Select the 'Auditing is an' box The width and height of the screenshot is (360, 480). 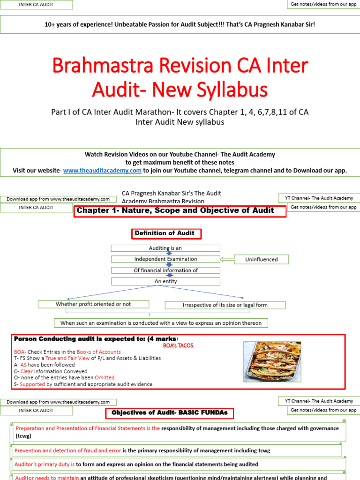click(165, 248)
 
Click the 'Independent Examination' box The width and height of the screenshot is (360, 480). click(165, 259)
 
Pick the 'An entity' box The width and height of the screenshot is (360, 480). click(165, 281)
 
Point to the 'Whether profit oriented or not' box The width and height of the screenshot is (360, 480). click(93, 304)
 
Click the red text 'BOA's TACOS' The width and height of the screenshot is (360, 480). click(178, 345)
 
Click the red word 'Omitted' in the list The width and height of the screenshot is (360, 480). click(105, 377)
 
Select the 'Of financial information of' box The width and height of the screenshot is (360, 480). click(165, 270)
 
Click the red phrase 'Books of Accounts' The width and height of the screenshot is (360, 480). click(98, 352)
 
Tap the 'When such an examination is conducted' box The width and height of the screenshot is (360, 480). click(161, 323)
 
